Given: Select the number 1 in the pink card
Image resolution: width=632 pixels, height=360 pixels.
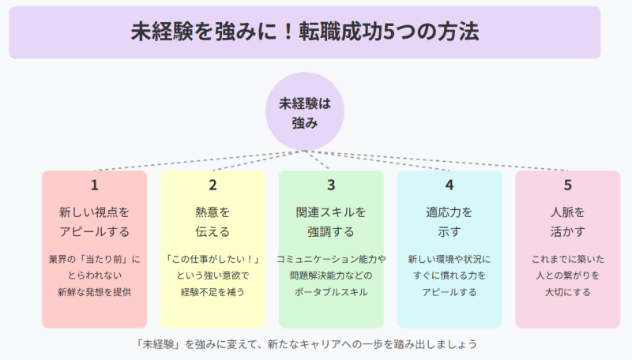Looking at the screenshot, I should [x=94, y=186].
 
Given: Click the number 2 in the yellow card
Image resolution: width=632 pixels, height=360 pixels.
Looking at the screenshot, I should [x=213, y=186].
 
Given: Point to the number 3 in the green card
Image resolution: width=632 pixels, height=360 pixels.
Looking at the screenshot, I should [x=331, y=186].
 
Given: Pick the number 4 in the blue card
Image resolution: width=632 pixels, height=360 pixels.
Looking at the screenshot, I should [x=449, y=186].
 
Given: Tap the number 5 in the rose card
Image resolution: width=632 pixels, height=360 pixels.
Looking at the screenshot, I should [x=567, y=186].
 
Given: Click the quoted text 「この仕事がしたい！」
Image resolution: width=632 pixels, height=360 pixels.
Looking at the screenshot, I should [x=213, y=258].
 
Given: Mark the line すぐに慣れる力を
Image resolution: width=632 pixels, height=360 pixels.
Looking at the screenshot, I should [x=449, y=276].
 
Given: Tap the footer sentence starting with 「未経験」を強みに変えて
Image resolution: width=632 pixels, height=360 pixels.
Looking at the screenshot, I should [x=307, y=344].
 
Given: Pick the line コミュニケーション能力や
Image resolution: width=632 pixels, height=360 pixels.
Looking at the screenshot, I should [x=331, y=258].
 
